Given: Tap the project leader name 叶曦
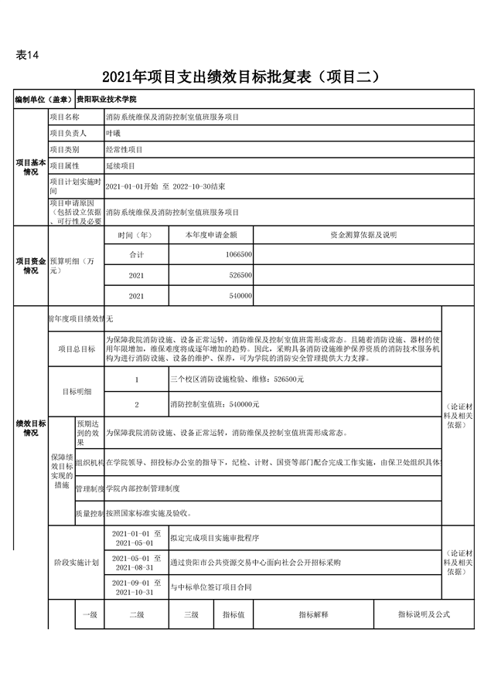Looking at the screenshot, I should [114, 133].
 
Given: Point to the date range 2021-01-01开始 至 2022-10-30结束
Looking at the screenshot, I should [165, 186].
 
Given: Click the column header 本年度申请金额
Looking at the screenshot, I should [210, 234].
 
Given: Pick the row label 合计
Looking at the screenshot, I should [136, 254].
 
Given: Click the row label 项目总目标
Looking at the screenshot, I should [77, 349].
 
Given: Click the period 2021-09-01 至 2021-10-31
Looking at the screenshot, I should [136, 588].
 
